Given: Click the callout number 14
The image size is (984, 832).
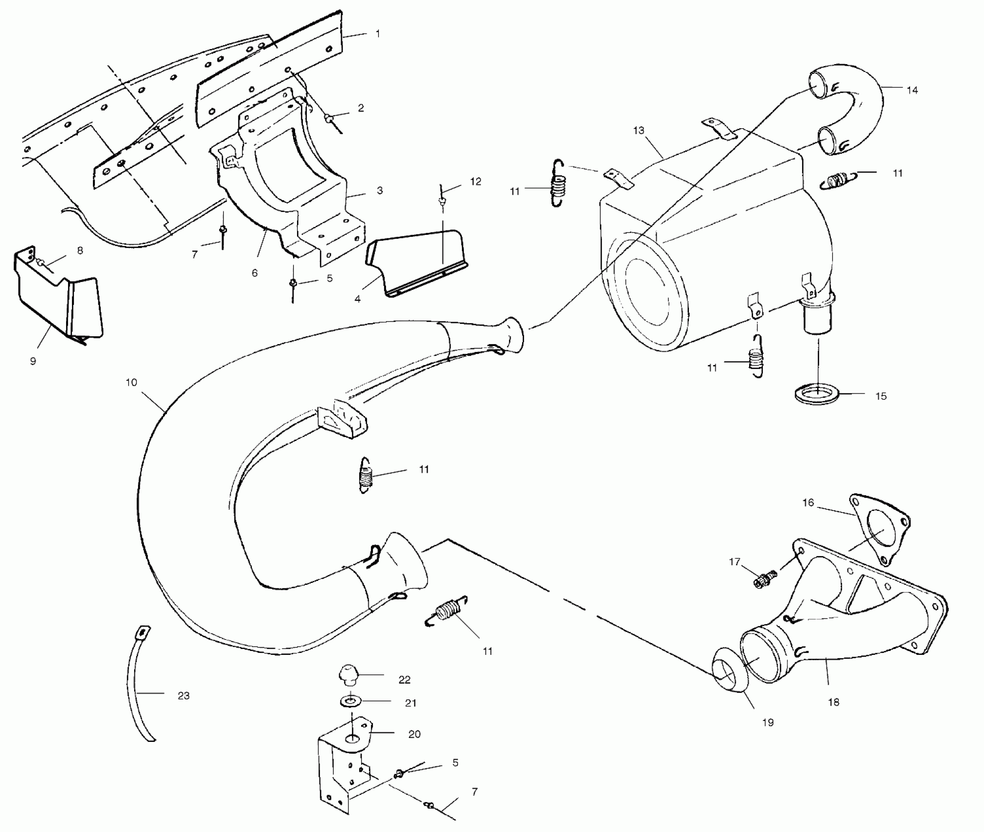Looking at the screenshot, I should click(x=912, y=91).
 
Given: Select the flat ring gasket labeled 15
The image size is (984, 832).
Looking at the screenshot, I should click(x=817, y=394).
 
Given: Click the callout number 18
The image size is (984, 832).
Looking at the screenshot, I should click(x=834, y=702).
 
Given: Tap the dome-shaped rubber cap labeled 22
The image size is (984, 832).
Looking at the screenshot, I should click(x=348, y=674).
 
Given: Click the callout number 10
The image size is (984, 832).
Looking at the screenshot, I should click(x=131, y=382).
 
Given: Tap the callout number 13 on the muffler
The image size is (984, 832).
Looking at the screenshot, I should click(x=639, y=131).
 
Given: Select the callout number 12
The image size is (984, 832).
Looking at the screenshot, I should click(x=476, y=182).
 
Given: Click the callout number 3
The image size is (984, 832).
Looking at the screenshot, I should click(x=380, y=190).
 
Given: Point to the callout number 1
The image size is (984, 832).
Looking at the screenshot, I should click(x=378, y=34).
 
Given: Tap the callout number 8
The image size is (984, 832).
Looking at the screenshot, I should click(x=80, y=251).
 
